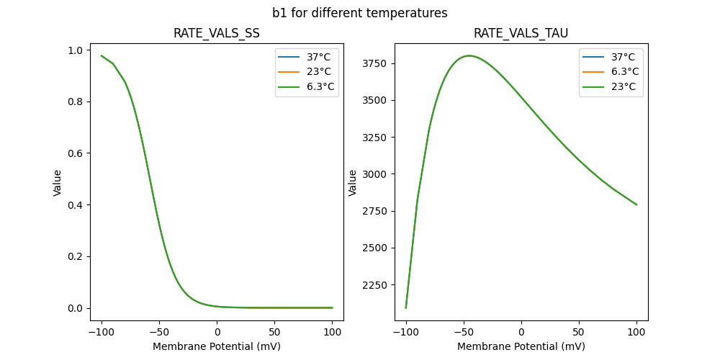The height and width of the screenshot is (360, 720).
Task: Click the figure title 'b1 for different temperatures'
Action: coord(359,13)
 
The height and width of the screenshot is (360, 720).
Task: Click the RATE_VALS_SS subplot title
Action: coord(216,34)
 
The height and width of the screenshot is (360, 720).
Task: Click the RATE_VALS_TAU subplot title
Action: coord(521,34)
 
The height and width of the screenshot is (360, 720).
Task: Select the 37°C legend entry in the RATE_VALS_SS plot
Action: coord(320,57)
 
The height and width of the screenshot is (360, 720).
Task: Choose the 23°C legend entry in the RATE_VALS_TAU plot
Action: coord(624,86)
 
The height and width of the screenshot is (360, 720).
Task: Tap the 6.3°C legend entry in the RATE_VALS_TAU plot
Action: coord(624,71)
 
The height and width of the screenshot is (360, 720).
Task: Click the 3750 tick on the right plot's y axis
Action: coord(377,63)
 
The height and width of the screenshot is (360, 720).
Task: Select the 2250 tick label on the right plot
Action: coord(377,284)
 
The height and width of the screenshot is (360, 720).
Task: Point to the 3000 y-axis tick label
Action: coord(377,174)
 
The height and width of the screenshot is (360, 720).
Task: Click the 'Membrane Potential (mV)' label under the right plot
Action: coord(521,346)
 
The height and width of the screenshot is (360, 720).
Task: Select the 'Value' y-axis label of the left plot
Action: coord(57,183)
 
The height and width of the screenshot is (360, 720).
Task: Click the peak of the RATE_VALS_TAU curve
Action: coord(469,55)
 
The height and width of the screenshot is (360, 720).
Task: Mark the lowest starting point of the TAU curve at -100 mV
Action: coord(406,307)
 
